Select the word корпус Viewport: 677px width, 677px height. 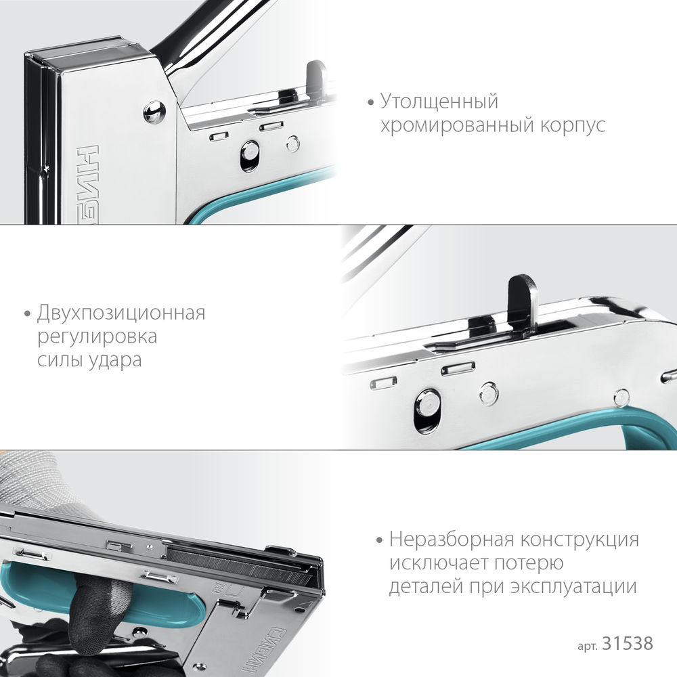tap(569, 126)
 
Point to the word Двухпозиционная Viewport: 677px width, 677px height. tap(121, 313)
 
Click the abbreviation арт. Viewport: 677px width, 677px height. tap(586, 644)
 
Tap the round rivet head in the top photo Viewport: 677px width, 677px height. tap(155, 112)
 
